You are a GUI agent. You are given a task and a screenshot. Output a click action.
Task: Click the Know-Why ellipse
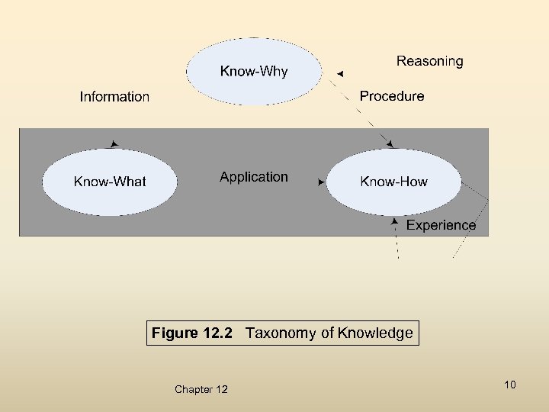(x=254, y=71)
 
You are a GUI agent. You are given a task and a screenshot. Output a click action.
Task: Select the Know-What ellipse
(x=110, y=182)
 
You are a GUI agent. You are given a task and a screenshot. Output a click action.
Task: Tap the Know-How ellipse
(x=393, y=182)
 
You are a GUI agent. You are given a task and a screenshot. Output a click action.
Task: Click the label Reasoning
(x=429, y=61)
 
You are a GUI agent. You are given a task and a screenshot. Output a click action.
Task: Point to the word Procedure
(x=392, y=96)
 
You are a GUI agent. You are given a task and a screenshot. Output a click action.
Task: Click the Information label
(x=114, y=97)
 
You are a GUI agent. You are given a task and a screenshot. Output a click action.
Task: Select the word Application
(x=254, y=177)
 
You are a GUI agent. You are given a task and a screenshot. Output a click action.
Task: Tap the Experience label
(x=441, y=225)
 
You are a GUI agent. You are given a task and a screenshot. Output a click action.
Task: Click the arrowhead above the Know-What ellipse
(x=114, y=143)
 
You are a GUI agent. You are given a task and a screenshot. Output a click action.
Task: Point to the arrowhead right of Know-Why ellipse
(x=340, y=73)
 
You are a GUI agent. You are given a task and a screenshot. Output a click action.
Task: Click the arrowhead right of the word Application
(x=321, y=182)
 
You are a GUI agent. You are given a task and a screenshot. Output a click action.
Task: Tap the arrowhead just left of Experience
(x=394, y=221)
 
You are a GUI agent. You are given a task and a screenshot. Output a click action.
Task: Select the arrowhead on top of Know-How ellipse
(x=390, y=143)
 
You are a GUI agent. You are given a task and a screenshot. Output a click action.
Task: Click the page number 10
(x=510, y=385)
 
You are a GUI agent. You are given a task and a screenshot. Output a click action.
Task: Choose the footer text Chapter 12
(x=201, y=390)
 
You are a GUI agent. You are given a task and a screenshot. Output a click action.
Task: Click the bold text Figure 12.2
(x=191, y=333)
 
